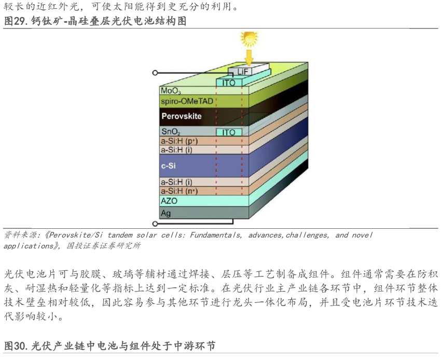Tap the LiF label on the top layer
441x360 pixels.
coord(243,71)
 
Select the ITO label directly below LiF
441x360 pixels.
coord(229,82)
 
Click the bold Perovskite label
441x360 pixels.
coord(181,116)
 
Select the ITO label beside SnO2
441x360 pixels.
coord(229,132)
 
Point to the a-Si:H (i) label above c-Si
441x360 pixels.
coord(177,149)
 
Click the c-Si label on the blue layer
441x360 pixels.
coord(169,165)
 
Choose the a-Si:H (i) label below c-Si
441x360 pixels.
coord(177,182)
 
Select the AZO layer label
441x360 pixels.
coord(170,200)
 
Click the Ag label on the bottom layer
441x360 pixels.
coord(166,212)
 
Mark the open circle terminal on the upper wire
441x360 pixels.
coord(155,73)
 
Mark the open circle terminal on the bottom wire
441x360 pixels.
coord(155,224)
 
